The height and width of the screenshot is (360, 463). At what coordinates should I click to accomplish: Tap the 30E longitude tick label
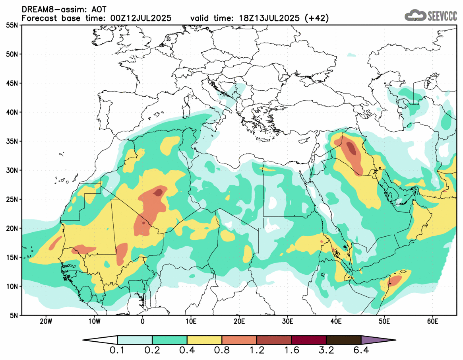click(287, 321)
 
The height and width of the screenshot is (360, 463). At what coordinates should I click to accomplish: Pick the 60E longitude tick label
click(432, 321)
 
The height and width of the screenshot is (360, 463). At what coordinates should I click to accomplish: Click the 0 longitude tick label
click(142, 321)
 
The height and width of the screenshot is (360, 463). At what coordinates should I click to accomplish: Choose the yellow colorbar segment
click(204, 340)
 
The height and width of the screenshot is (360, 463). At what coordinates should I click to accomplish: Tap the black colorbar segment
click(343, 340)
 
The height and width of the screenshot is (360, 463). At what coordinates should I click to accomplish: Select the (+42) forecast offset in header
click(316, 18)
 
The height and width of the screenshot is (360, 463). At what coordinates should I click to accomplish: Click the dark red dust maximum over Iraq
click(351, 149)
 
